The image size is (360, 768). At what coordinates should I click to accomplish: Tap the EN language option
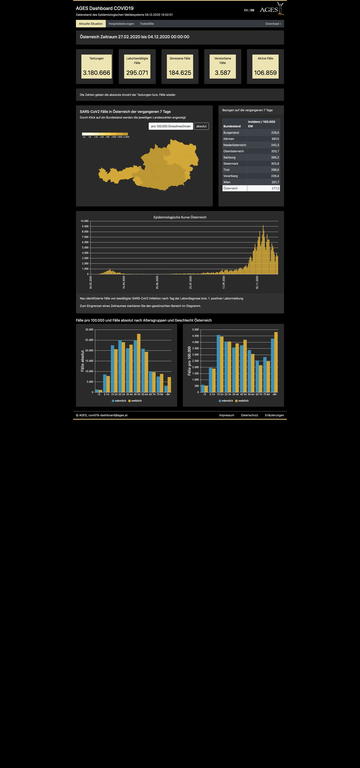tap(246, 10)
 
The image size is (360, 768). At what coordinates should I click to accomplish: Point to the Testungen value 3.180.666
tap(97, 73)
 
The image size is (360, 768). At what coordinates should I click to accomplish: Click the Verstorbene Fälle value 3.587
tap(223, 73)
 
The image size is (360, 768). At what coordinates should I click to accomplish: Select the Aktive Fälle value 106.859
tap(265, 73)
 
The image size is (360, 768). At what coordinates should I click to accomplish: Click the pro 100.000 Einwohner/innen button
tap(171, 126)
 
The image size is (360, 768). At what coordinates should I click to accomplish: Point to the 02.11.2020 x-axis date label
tap(257, 282)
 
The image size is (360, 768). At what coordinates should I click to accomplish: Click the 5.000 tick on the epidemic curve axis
tap(85, 247)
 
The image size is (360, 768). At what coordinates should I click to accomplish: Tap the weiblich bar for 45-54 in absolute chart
tap(139, 363)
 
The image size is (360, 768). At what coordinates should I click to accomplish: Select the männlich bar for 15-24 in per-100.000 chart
tap(218, 363)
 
